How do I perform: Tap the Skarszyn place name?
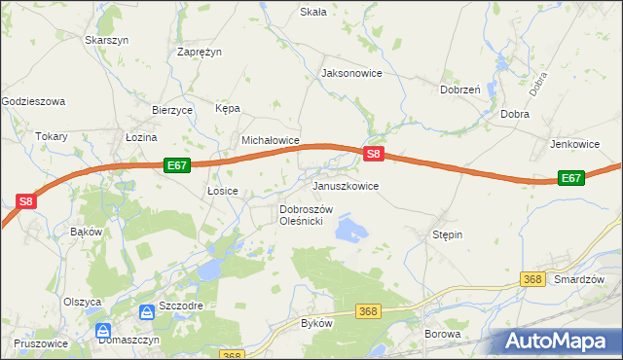107,40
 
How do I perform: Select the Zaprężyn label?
202,53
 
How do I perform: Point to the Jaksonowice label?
351,73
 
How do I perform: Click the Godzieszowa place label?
33,101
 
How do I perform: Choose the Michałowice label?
270,141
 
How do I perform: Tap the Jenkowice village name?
574,144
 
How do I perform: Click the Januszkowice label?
345,185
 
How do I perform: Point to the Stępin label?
447,235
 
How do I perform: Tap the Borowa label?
443,333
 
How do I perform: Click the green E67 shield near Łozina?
176,166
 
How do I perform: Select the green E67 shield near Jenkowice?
571,178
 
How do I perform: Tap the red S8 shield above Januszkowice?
375,154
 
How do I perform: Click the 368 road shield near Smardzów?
531,280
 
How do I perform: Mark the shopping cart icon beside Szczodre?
146,312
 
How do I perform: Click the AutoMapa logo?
556,342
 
